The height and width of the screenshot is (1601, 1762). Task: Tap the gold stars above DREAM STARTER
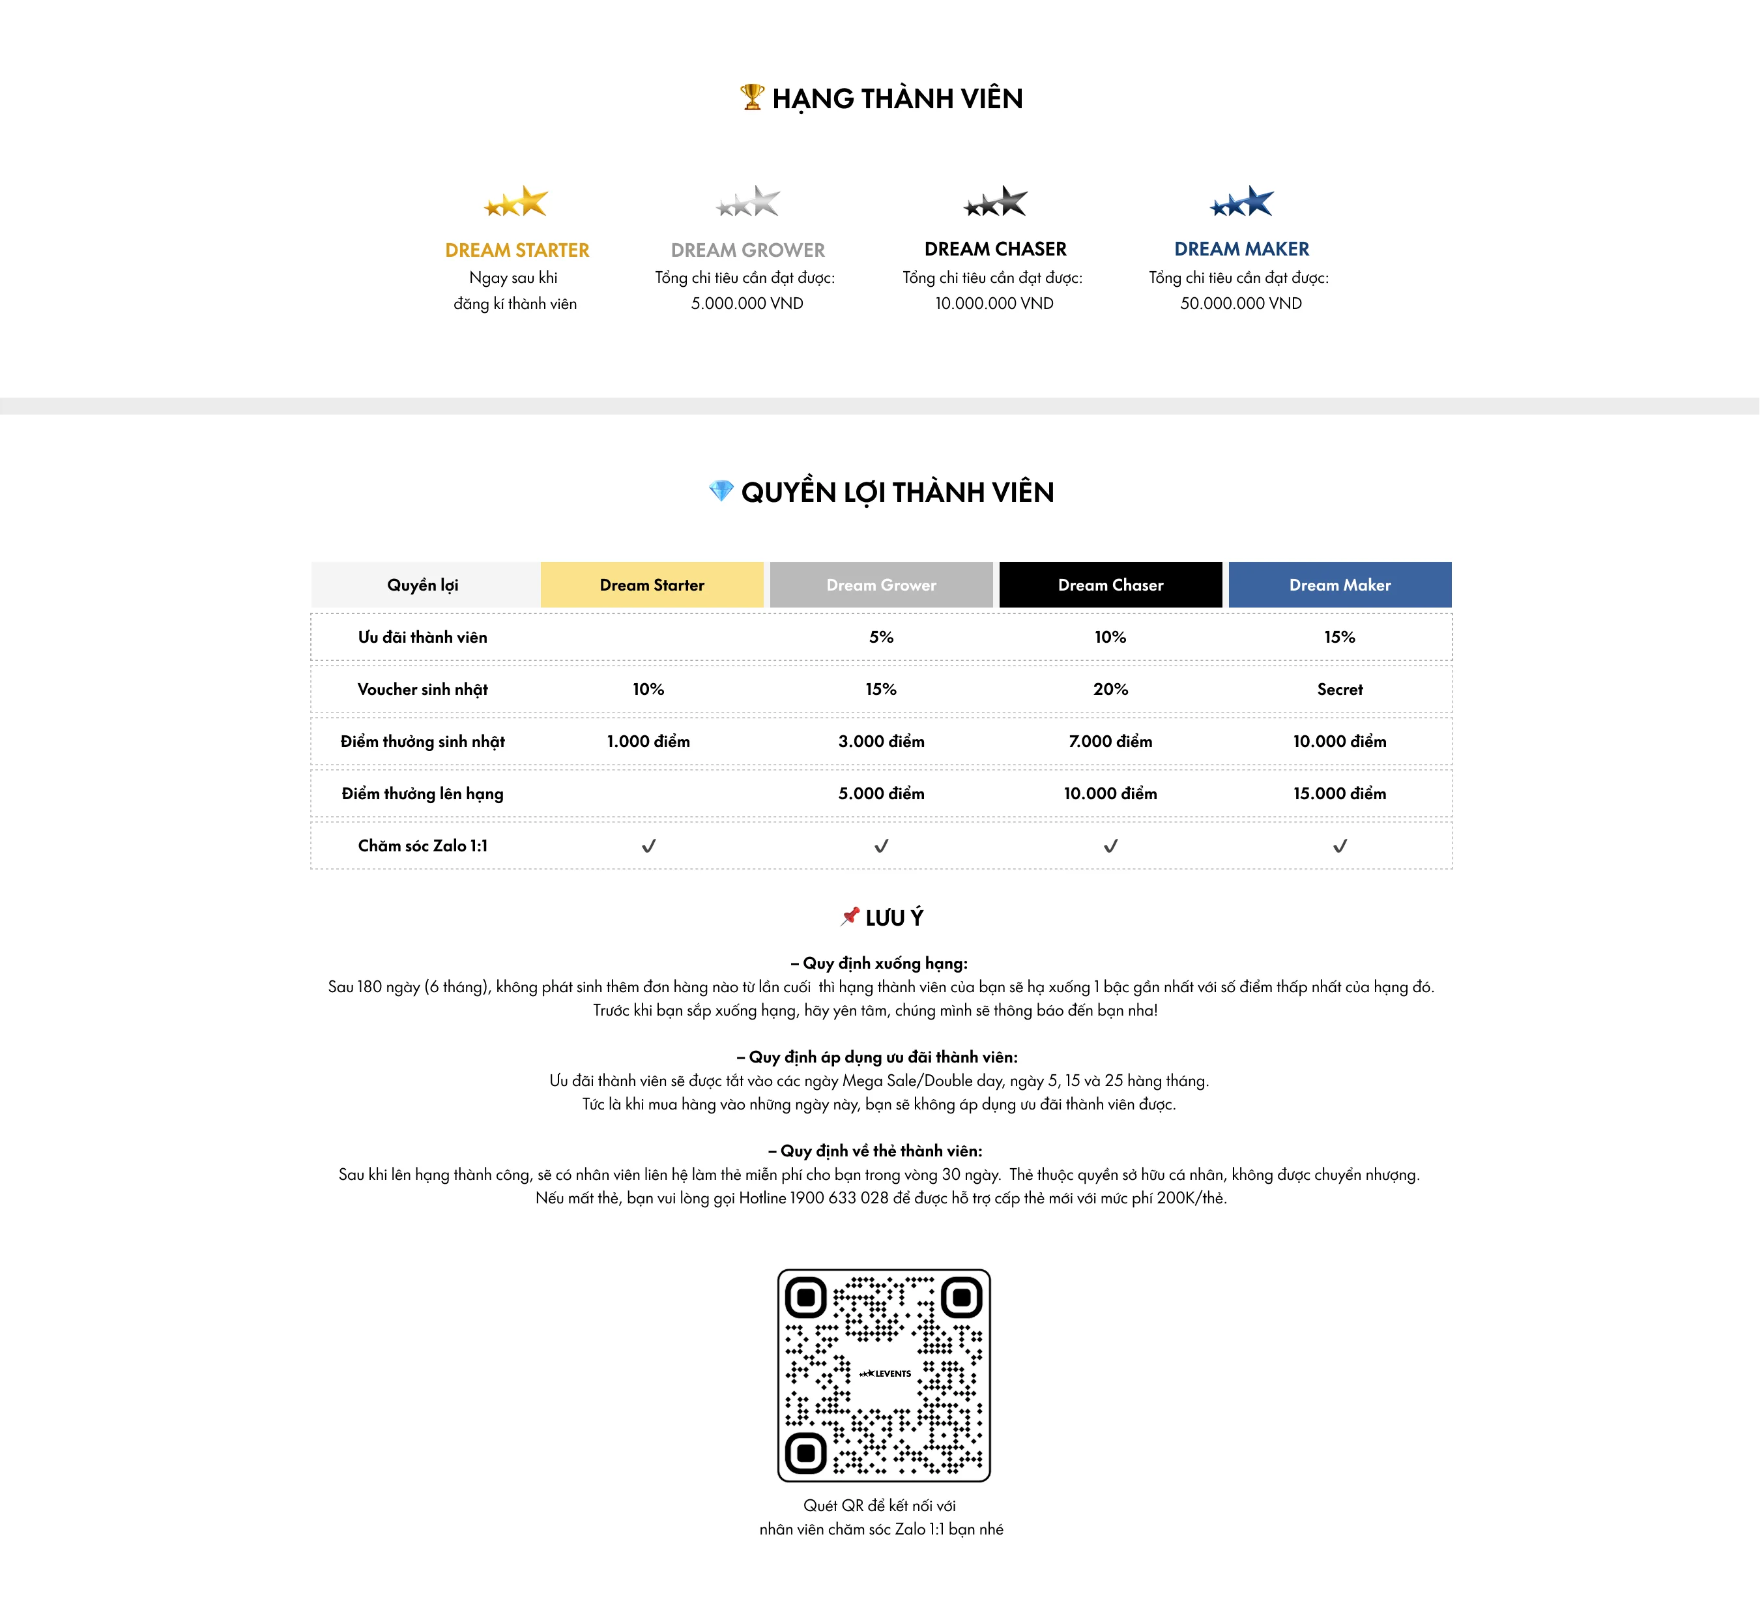pyautogui.click(x=517, y=202)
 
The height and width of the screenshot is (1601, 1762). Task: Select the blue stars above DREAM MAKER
pyautogui.click(x=1243, y=202)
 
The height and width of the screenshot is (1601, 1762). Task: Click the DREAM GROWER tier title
pyautogui.click(x=748, y=251)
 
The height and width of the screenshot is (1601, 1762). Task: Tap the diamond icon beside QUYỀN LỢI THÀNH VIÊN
pyautogui.click(x=722, y=492)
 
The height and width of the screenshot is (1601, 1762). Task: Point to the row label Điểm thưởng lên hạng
pyautogui.click(x=423, y=794)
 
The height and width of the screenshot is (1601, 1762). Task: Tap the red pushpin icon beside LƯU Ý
pyautogui.click(x=850, y=917)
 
